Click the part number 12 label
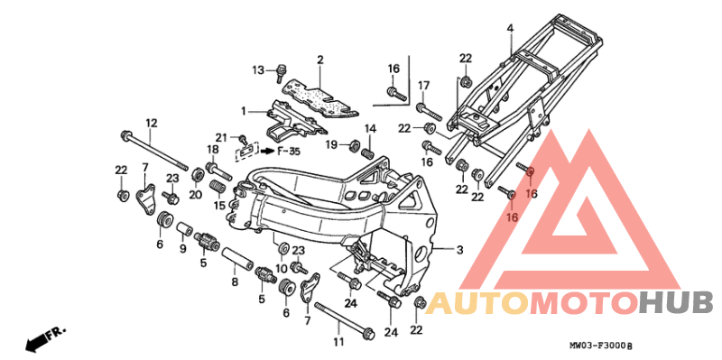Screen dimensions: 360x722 coord(151,123)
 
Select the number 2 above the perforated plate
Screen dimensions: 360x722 coord(319,60)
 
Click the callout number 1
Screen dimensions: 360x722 coord(243,110)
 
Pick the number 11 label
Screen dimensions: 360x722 coord(338,342)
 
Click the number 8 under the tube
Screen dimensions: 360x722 coord(235,282)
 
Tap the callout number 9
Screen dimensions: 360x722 coord(182,249)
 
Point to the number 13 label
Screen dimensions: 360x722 coord(258,69)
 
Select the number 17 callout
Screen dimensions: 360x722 coord(421,85)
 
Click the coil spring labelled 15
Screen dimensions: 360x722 coord(217,189)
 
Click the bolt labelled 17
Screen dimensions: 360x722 coord(429,114)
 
